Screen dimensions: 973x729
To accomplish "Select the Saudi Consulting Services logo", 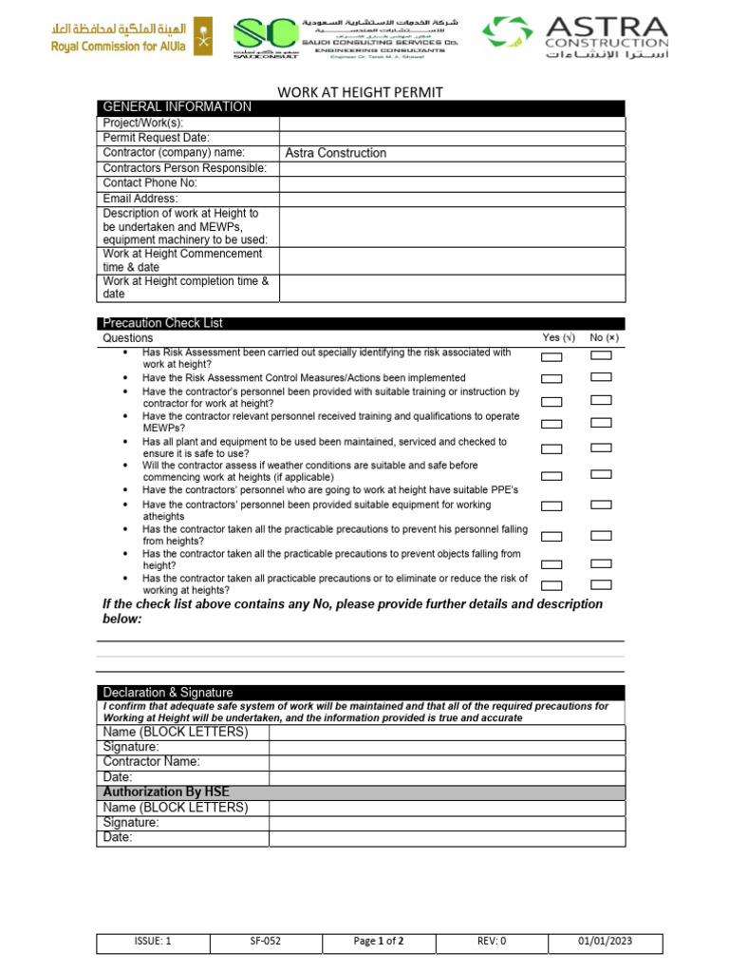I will coord(346,38).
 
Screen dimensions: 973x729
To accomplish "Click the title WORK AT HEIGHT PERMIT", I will coord(360,91).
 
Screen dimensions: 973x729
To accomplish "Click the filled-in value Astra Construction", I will coord(335,153).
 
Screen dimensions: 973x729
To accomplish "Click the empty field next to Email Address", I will coord(452,199).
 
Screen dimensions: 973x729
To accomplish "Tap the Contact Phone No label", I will coord(150,183).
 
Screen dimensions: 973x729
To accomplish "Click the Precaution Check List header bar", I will coord(361,323).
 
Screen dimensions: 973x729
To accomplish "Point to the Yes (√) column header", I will coord(558,338).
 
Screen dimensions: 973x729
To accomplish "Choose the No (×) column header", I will coord(604,338).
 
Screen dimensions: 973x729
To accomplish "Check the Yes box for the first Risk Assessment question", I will coord(551,357).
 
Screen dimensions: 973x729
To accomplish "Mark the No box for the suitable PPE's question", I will coord(601,488).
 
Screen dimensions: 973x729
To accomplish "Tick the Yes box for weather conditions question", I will coord(551,475).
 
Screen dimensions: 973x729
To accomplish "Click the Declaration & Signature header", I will coord(167,693).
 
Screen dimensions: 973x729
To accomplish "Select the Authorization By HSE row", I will coord(361,792).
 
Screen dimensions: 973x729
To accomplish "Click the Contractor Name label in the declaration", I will coord(151,762).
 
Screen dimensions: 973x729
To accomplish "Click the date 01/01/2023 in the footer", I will coord(606,942).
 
